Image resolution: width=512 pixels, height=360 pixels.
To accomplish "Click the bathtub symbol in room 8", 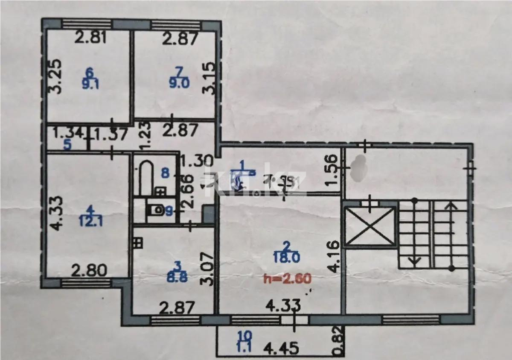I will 145,178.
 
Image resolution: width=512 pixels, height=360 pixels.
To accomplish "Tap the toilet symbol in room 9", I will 156,210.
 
